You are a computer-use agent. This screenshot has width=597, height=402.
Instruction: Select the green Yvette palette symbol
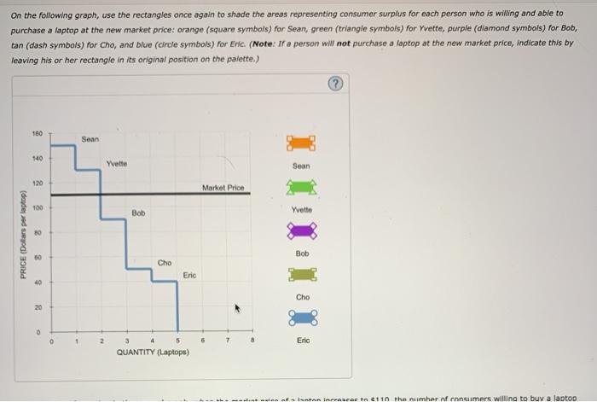click(x=302, y=186)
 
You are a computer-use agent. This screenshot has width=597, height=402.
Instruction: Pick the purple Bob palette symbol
click(x=302, y=230)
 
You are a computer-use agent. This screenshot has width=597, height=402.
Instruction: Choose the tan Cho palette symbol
click(x=302, y=274)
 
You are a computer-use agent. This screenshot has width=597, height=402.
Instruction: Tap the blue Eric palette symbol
click(x=302, y=318)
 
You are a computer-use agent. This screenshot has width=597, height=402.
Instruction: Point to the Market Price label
click(x=223, y=188)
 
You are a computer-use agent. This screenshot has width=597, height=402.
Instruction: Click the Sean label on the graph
click(x=91, y=138)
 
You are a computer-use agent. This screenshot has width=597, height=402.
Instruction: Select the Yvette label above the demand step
click(x=118, y=163)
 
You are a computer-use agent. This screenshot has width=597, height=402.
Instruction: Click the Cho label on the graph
click(x=165, y=262)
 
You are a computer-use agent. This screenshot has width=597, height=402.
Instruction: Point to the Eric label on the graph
click(x=188, y=276)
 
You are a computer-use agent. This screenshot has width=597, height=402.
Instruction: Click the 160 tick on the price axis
click(x=38, y=134)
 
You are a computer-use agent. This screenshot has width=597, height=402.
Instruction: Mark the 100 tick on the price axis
click(x=38, y=207)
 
